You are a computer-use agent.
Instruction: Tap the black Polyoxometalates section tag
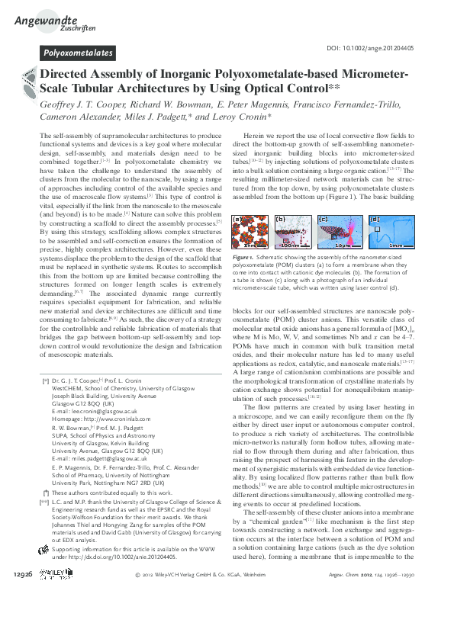(78, 53)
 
